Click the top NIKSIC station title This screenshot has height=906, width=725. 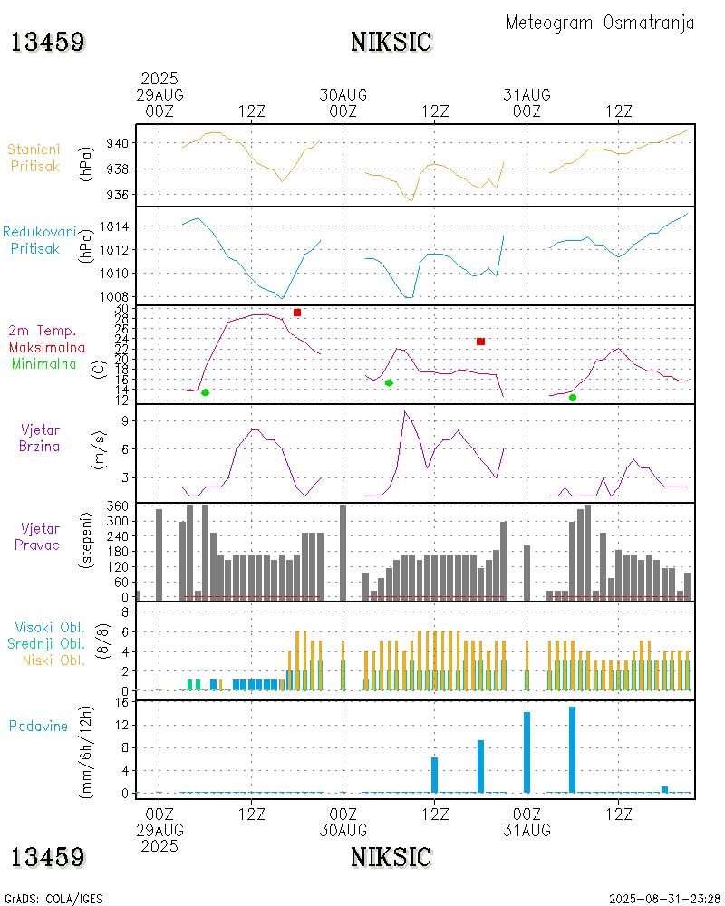pos(391,42)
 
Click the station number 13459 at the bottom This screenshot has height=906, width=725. pos(48,857)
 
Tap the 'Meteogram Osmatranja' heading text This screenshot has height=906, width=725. pos(600,23)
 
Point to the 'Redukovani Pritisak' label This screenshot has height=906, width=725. pos(39,240)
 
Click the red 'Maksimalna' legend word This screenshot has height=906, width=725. pos(47,347)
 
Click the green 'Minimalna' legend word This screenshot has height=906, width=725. pos(44,364)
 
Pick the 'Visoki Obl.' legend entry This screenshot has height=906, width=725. pos(50,627)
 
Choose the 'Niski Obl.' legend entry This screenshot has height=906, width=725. pos(53,660)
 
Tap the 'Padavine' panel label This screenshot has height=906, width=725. pos(38,726)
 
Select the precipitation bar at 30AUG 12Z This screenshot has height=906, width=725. pos(434,774)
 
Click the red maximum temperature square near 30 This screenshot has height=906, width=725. pos(297,313)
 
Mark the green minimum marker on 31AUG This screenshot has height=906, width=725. pos(573,398)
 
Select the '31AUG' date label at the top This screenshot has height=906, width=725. pos(527,95)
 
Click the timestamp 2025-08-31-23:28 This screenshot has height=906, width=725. pos(661,899)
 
